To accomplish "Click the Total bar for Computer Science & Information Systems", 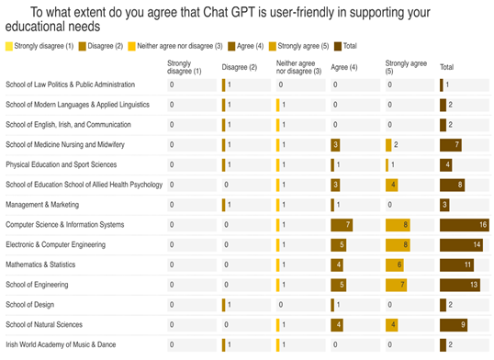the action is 465,225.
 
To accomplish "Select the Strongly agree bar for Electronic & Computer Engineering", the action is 398,244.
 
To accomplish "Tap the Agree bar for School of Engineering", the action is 339,285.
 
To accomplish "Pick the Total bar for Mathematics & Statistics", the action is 457,264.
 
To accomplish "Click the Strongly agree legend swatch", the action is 273,46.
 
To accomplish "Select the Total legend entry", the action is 345,46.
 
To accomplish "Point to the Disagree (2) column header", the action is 240,67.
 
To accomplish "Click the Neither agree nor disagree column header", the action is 298,67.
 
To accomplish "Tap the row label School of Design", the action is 30,305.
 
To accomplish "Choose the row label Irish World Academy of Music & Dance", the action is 61,344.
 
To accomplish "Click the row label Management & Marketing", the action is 42,205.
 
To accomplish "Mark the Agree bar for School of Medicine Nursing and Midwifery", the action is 335,145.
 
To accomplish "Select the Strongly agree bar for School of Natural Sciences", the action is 391,325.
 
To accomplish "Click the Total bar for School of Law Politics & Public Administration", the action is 442,85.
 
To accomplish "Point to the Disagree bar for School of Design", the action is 223,305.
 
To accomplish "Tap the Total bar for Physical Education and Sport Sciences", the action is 446,165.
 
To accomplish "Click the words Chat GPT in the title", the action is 229,13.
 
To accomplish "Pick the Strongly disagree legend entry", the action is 39,46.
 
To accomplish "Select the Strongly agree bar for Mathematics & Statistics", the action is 395,264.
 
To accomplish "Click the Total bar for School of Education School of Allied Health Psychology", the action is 452,185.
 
